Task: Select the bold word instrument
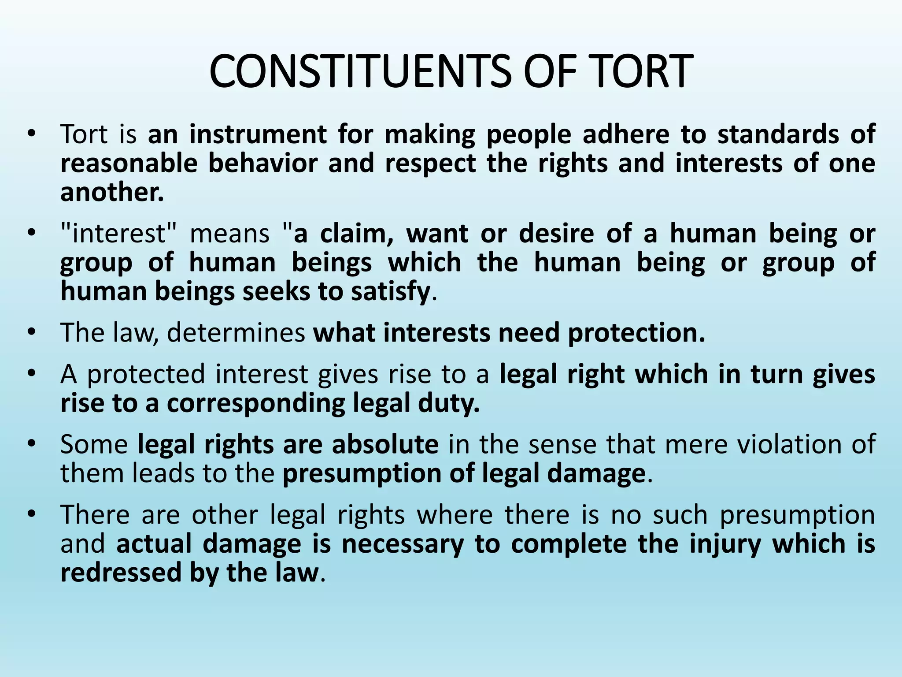coord(258,134)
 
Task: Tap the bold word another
coord(112,192)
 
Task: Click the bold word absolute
coord(385,444)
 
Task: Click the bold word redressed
coord(121,573)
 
